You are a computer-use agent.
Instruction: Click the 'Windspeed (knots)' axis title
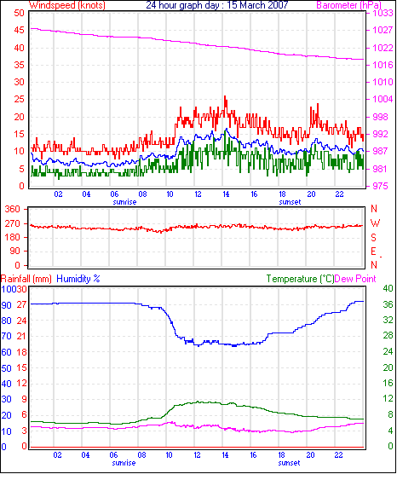67,5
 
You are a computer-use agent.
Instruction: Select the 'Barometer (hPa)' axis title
348,5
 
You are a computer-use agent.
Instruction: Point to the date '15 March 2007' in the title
257,5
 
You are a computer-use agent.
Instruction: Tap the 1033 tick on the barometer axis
383,13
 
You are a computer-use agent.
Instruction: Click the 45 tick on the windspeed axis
19,30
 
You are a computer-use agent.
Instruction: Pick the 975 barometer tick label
380,186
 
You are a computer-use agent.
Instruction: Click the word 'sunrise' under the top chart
124,202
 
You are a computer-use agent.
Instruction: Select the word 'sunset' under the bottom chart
289,463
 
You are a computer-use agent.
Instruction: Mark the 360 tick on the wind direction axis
12,209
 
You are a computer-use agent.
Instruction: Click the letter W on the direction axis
375,223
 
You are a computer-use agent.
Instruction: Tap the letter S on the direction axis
373,238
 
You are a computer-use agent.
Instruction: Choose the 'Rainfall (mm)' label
26,279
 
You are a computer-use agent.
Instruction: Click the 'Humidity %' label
78,279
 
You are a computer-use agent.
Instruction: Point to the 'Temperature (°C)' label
300,279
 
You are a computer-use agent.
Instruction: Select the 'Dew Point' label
355,279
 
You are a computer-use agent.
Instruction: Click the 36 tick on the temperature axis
388,304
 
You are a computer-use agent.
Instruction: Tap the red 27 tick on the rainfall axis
21,304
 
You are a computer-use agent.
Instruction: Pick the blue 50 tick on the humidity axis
7,368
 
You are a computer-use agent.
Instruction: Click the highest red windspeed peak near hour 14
225,96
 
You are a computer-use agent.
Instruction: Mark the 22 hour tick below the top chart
340,194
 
